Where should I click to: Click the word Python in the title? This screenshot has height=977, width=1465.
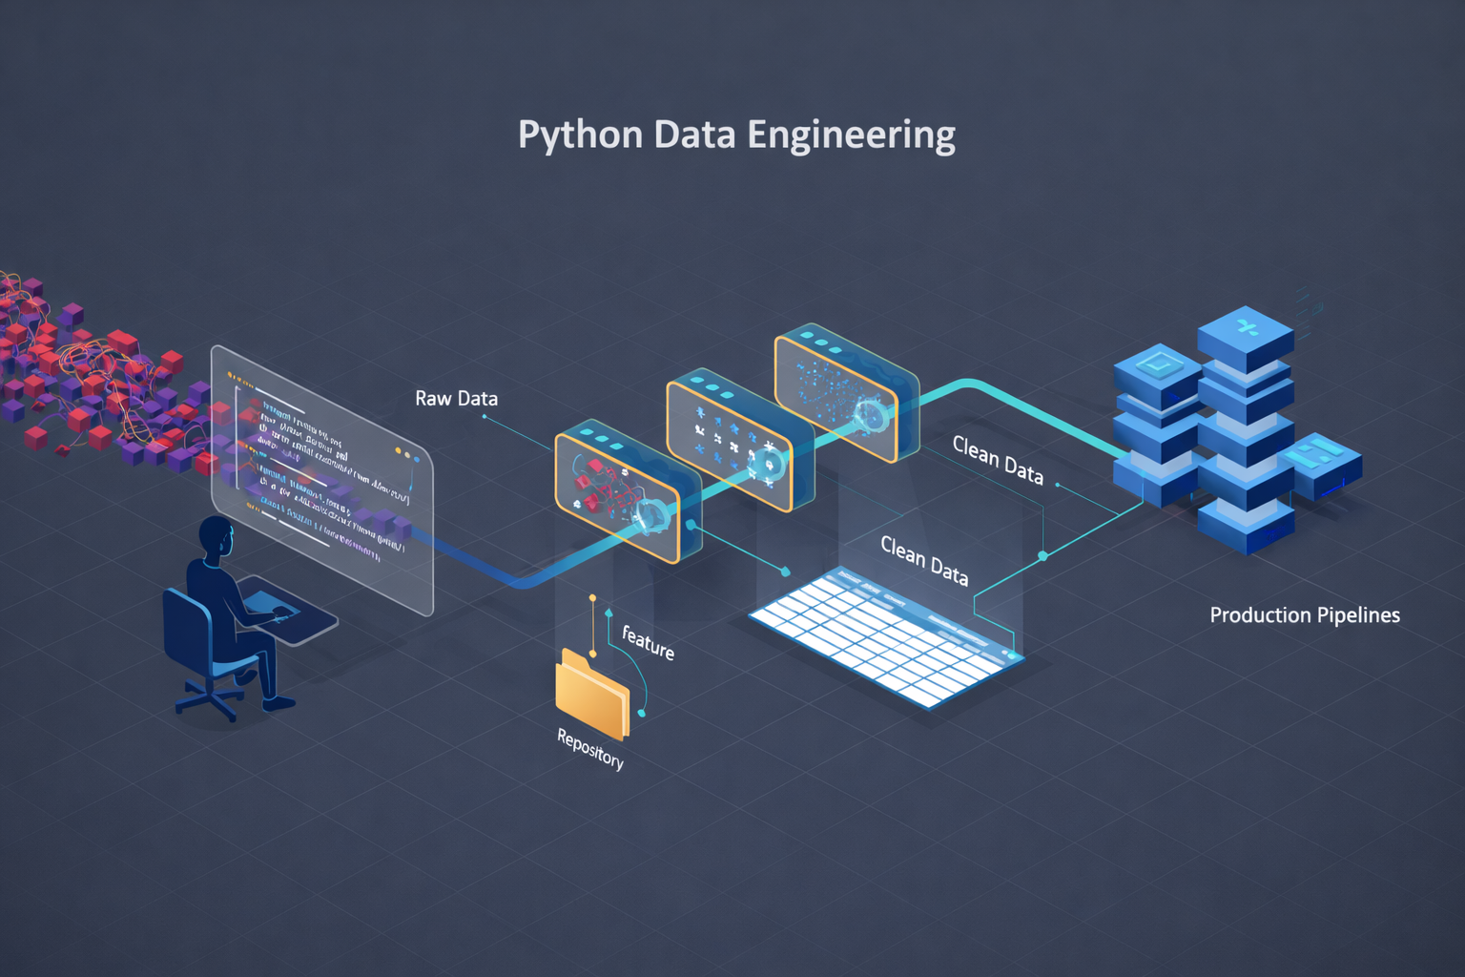(580, 135)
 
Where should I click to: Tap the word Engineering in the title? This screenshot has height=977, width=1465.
(851, 135)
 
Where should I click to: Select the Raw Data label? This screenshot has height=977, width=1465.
(456, 399)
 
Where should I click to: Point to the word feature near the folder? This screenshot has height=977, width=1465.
(649, 642)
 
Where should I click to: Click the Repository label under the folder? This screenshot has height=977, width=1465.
(590, 749)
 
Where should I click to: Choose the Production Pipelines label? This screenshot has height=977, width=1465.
(1304, 615)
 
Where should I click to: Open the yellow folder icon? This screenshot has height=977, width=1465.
(591, 693)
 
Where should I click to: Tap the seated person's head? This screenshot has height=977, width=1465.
(217, 539)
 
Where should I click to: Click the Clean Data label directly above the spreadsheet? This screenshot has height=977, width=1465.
(923, 560)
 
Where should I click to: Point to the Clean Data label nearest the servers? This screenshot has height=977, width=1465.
(998, 460)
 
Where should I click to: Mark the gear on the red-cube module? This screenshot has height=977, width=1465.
(652, 514)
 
